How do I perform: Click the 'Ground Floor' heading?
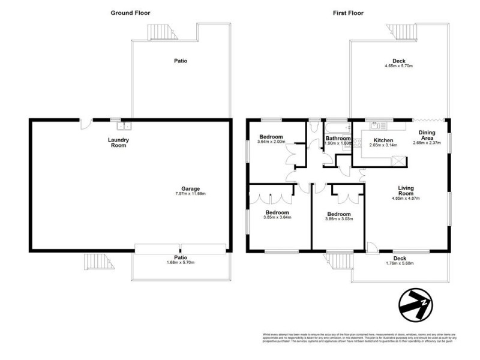130,13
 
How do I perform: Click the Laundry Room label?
119,143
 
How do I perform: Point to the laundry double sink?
125,126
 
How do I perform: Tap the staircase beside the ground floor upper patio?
160,31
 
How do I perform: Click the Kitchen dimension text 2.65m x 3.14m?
383,145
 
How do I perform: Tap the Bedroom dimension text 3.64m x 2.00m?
271,142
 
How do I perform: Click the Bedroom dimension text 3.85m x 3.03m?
339,219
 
